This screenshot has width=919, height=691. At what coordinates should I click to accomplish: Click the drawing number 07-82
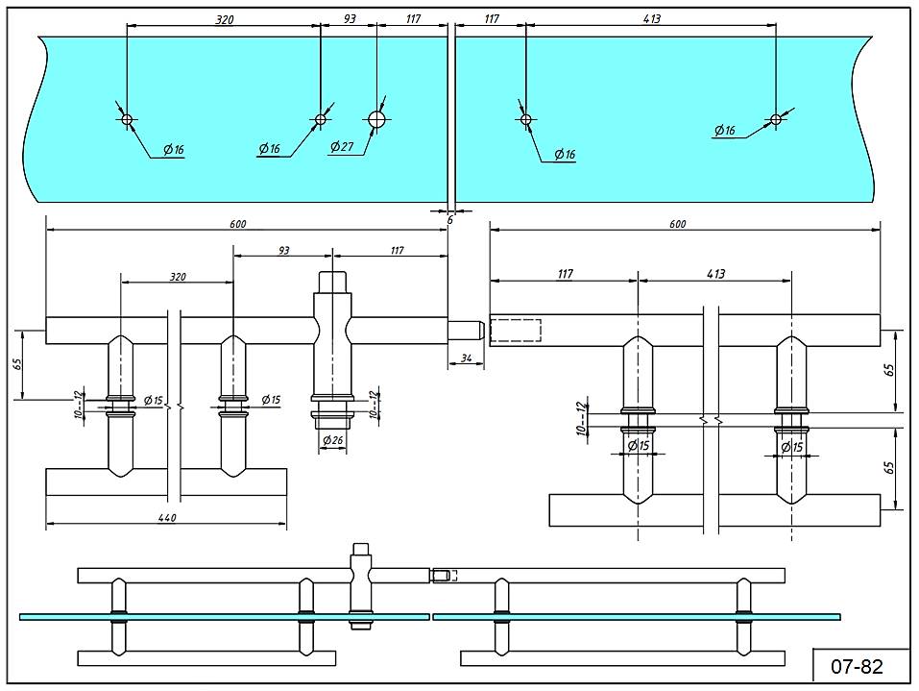[x=857, y=665]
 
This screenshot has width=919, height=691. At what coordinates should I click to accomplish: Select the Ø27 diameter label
[x=342, y=146]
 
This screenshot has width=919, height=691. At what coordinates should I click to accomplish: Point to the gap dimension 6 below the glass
[x=449, y=220]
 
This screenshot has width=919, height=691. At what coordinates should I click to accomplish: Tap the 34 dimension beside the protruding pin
[x=466, y=358]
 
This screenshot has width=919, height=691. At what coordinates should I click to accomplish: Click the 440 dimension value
[x=166, y=517]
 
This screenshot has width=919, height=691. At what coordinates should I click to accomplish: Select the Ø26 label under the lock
[x=332, y=440]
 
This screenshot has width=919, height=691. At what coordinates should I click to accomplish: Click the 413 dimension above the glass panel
[x=650, y=19]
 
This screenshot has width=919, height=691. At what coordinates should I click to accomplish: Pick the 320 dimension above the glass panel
[x=223, y=19]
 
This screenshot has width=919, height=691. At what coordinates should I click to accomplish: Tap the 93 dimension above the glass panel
[x=349, y=19]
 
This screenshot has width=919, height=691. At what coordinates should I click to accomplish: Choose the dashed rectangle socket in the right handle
[x=517, y=330]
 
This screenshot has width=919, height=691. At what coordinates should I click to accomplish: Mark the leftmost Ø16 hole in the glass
[x=126, y=119]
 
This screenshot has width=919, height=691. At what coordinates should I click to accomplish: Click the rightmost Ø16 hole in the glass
[x=776, y=119]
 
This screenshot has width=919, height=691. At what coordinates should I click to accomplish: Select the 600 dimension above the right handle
[x=677, y=224]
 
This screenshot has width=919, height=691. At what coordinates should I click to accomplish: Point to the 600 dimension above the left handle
[x=237, y=224]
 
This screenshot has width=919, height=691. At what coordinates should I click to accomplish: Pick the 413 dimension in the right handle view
[x=715, y=274]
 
